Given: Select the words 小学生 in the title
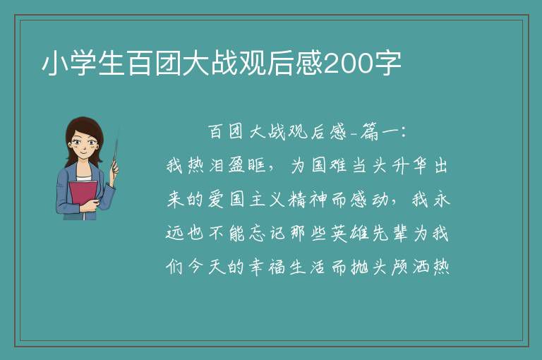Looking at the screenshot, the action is (x=83, y=64).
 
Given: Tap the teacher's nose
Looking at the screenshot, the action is (x=83, y=147).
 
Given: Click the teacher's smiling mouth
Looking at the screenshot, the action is (x=83, y=152).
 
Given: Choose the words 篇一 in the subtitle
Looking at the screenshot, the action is (x=379, y=132).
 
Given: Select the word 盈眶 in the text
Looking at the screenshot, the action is (x=248, y=165).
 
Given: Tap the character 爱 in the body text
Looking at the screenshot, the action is (x=216, y=199).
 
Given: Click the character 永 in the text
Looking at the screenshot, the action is (x=441, y=199).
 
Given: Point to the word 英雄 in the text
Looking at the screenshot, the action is (x=349, y=233).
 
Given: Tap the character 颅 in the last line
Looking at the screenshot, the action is (x=399, y=267).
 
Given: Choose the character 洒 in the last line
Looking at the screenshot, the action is (x=421, y=267).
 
